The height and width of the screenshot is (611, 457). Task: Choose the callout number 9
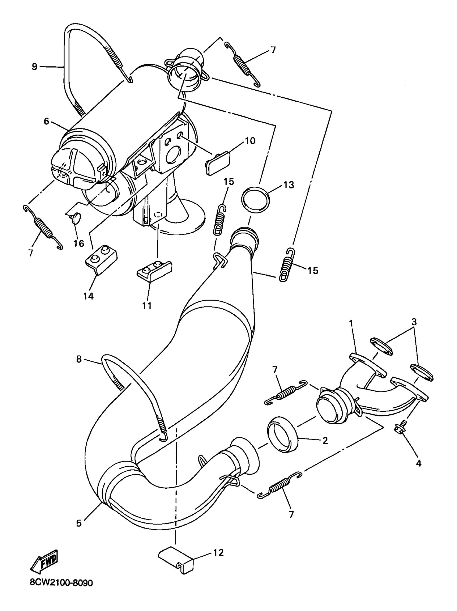[x=34, y=67]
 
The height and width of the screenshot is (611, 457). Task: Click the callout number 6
[x=46, y=121]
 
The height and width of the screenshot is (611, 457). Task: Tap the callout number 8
[x=79, y=359]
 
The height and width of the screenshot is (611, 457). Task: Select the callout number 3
[x=414, y=322]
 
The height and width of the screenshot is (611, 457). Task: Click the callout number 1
[x=351, y=323]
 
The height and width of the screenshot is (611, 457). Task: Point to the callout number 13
[x=289, y=185]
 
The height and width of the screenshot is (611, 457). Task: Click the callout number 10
[x=250, y=141]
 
